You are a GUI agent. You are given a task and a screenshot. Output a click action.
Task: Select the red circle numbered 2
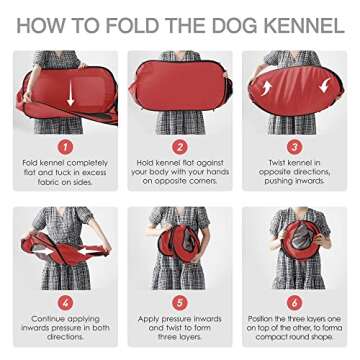[x=179, y=145]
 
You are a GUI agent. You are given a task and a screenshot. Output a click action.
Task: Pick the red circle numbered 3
[x=299, y=145]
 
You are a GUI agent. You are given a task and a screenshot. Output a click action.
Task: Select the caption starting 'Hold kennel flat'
[x=179, y=173]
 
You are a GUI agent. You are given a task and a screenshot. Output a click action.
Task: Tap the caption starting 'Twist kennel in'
[x=299, y=173]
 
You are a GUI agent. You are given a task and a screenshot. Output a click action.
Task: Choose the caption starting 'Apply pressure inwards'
[x=179, y=327]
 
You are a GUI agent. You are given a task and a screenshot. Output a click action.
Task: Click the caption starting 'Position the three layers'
[x=299, y=327]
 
